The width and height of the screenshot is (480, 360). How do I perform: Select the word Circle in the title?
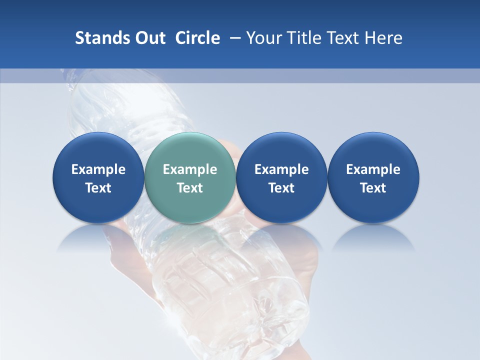click(197, 38)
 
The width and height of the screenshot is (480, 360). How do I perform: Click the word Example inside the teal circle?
click(190, 169)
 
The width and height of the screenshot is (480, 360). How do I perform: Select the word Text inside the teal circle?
click(190, 188)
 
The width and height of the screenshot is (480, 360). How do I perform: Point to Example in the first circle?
click(98, 169)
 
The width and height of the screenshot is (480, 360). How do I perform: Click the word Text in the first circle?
click(98, 188)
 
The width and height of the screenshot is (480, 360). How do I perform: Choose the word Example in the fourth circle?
click(373, 169)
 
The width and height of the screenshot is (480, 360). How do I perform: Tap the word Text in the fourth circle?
click(373, 188)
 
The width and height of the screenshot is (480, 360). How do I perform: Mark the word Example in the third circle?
click(281, 169)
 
